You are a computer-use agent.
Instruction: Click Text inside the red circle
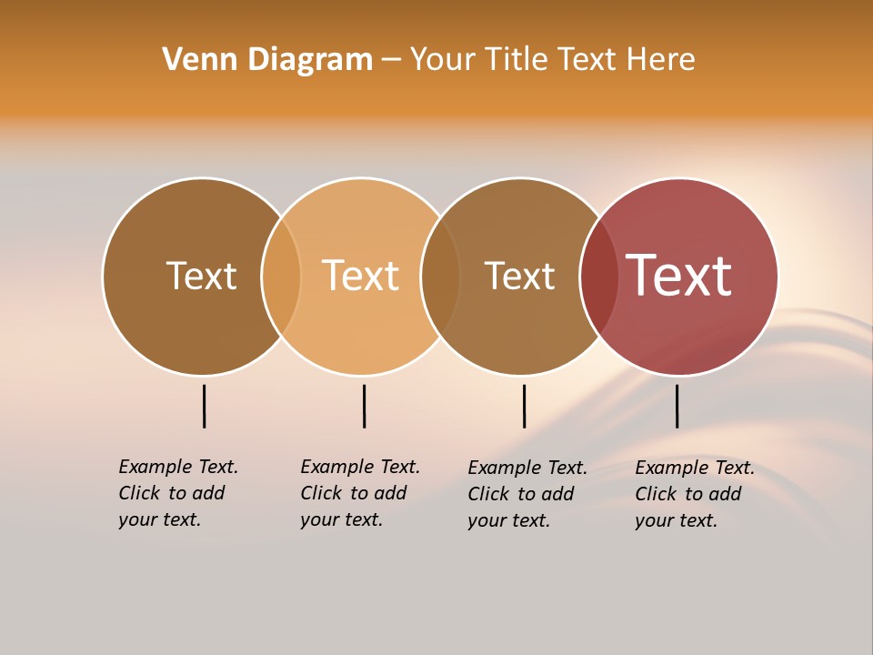(x=679, y=276)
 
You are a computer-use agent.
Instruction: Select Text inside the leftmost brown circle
(x=201, y=276)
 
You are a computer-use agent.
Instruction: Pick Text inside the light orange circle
(x=361, y=276)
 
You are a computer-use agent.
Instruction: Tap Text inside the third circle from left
(x=519, y=276)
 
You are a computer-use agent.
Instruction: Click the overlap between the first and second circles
(x=281, y=277)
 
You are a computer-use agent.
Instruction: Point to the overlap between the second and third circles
(x=440, y=277)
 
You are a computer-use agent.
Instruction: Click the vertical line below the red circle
(x=677, y=406)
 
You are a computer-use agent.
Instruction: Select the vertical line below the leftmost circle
(x=205, y=406)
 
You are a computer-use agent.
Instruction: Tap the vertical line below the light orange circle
(x=364, y=406)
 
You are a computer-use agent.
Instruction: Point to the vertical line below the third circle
(x=525, y=406)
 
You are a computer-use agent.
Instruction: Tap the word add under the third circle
(x=559, y=494)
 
